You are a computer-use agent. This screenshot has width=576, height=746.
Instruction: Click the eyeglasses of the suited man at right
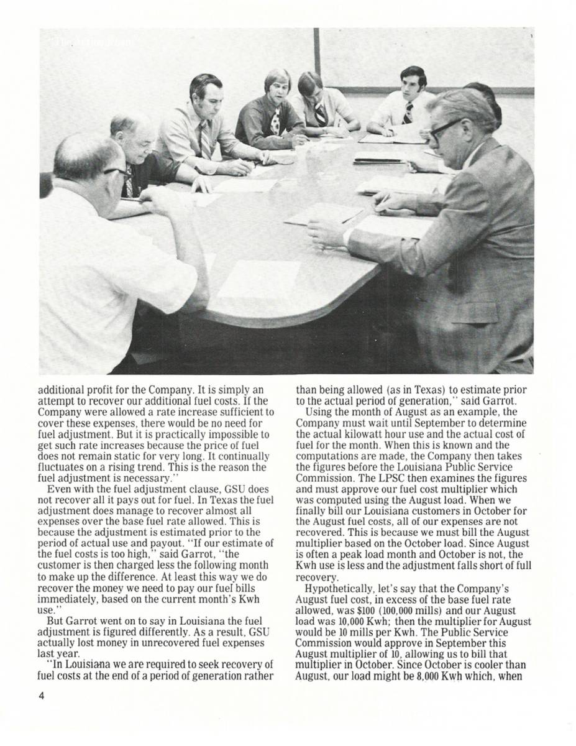coord(445,127)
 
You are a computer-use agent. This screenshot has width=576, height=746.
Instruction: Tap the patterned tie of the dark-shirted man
coord(275,121)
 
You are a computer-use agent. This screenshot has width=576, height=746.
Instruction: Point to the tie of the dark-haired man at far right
coord(408,113)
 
